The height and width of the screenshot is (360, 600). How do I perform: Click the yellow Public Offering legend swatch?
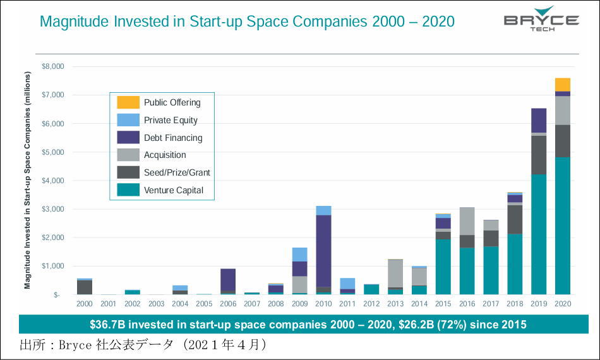pyautogui.click(x=128, y=102)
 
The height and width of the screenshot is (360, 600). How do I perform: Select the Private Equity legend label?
pyautogui.click(x=171, y=120)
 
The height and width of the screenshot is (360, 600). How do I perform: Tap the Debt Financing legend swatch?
pyautogui.click(x=128, y=138)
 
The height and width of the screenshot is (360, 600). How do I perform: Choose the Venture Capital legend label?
pyautogui.click(x=174, y=190)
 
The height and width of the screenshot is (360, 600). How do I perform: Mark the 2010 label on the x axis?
pyautogui.click(x=323, y=304)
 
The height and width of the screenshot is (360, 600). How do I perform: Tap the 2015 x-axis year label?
pyautogui.click(x=443, y=304)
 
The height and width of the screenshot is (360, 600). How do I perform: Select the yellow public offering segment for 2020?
pyautogui.click(x=563, y=85)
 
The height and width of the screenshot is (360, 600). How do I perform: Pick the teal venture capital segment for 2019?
pyautogui.click(x=539, y=234)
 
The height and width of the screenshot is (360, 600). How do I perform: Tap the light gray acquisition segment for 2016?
pyautogui.click(x=467, y=221)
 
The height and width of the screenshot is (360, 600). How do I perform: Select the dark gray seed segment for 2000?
pyautogui.click(x=84, y=287)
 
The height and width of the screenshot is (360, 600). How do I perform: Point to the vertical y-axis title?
pyautogui.click(x=28, y=181)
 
